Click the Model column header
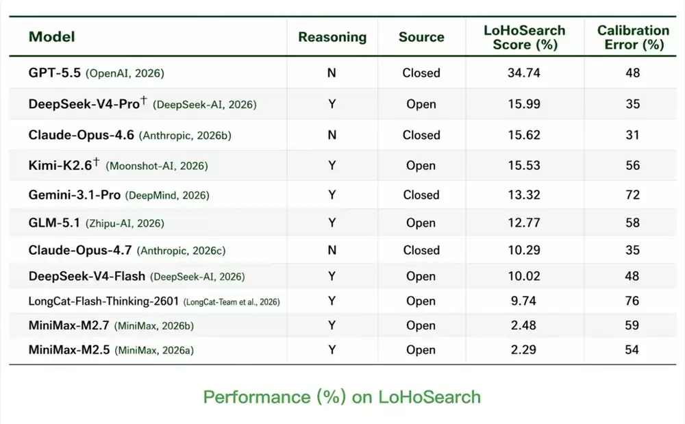click(x=51, y=37)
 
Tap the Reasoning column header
click(x=332, y=37)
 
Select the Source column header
click(x=421, y=37)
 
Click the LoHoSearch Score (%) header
click(x=524, y=38)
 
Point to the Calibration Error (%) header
click(x=633, y=38)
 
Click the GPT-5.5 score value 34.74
click(x=524, y=73)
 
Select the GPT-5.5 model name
click(x=55, y=73)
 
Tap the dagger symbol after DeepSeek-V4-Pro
click(x=144, y=101)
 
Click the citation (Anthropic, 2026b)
click(x=185, y=136)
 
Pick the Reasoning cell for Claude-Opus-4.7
click(x=332, y=250)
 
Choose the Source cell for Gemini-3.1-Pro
click(x=421, y=195)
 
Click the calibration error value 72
click(x=632, y=195)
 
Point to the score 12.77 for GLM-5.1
click(x=524, y=223)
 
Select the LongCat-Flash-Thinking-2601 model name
click(x=103, y=301)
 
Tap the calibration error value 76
click(x=632, y=301)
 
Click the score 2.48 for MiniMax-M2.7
click(x=523, y=325)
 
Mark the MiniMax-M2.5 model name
click(x=69, y=350)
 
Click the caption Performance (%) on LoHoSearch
click(x=342, y=397)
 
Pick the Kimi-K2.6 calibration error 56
click(x=632, y=166)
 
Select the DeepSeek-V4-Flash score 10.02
click(x=524, y=276)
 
